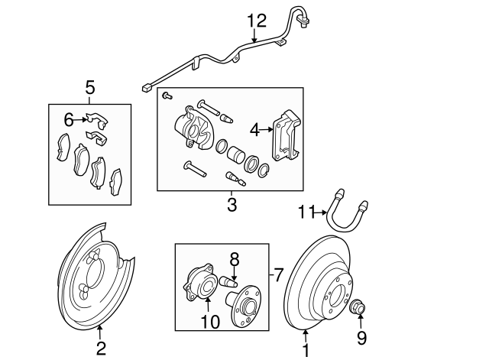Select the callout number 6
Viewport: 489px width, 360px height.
point(69,119)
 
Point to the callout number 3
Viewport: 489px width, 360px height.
point(232,205)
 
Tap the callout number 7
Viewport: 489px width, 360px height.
point(279,273)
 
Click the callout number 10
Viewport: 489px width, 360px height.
point(210,322)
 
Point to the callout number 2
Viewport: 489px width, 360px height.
point(100,349)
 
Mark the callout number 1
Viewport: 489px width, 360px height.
point(306,351)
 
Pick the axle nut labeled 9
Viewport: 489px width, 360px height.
point(358,307)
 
